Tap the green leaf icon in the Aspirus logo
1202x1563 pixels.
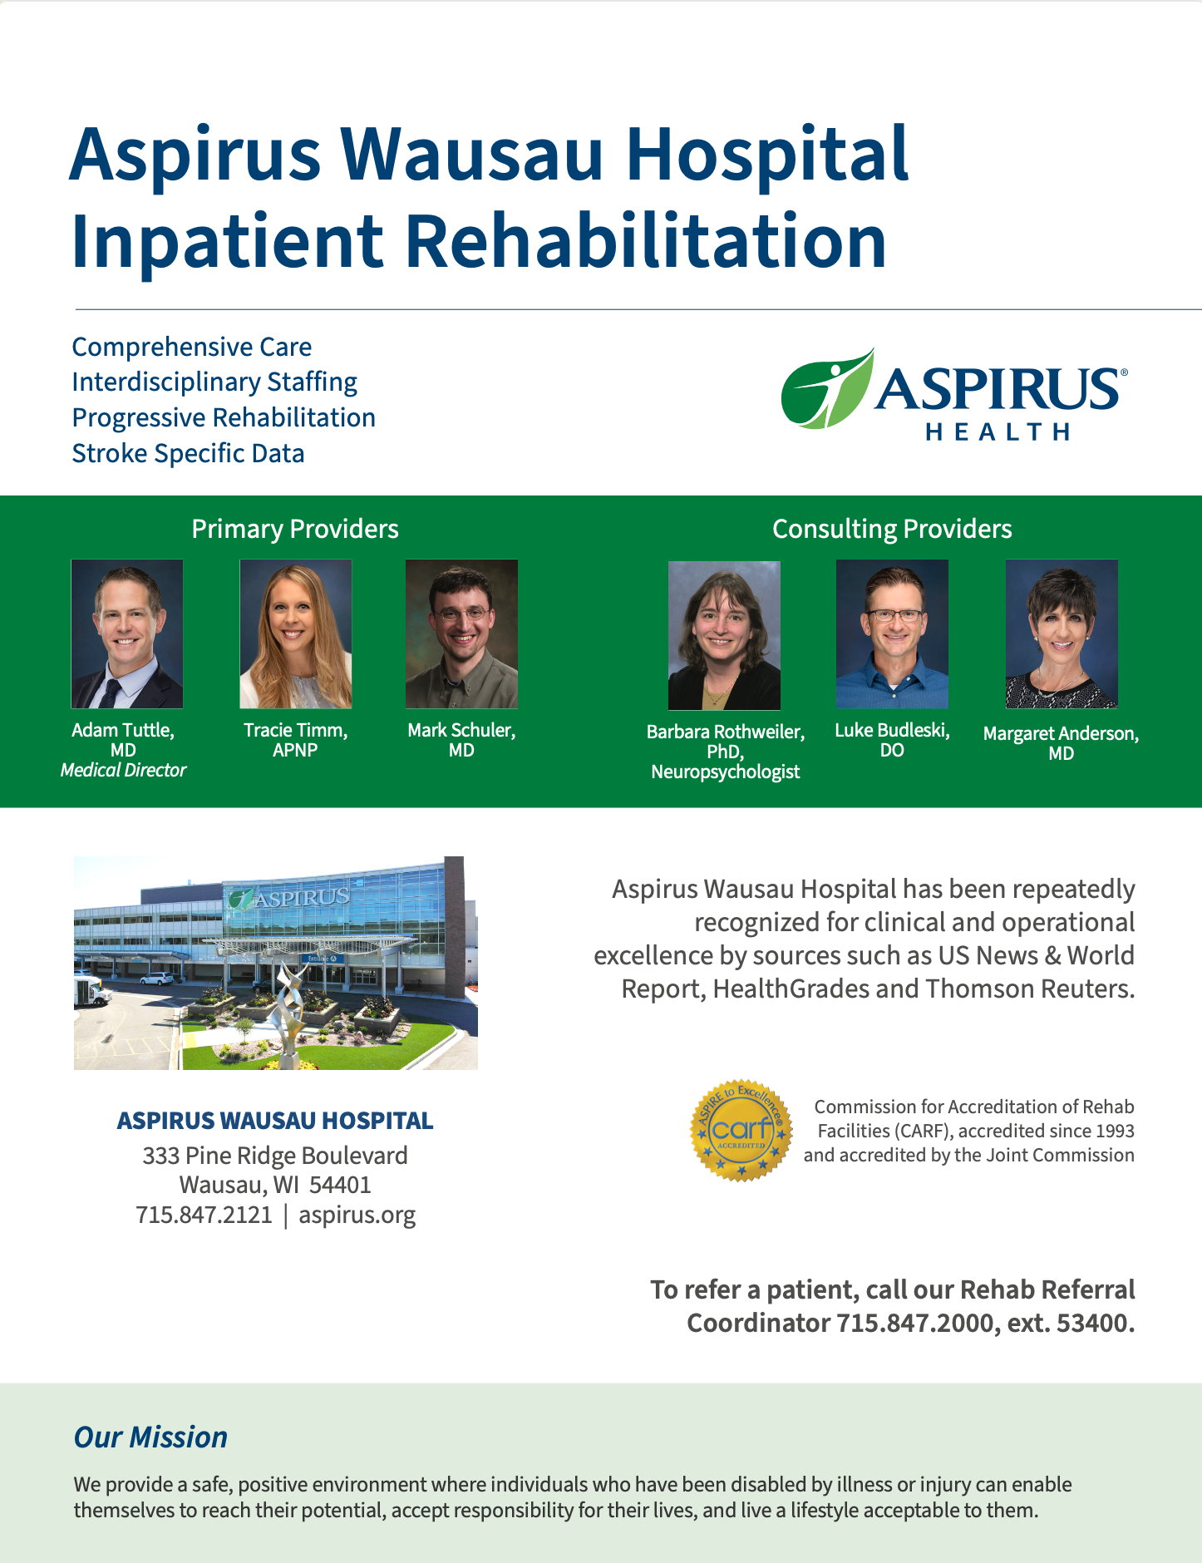[827, 389]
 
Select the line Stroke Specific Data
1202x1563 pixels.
[188, 454]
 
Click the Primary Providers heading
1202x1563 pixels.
[295, 529]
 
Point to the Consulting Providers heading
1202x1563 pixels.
[892, 529]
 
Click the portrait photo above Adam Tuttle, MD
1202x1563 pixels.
[127, 634]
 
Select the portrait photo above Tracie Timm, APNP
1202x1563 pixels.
[296, 634]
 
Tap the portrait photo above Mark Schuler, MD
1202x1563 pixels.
[461, 634]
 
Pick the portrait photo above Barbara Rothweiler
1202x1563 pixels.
[724, 635]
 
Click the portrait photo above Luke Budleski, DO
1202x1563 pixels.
[892, 634]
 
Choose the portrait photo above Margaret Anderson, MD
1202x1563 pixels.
[1062, 634]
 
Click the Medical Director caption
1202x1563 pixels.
[123, 771]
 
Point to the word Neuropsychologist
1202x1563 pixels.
[726, 772]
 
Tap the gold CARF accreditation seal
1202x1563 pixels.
[741, 1131]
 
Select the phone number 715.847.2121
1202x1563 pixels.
[204, 1215]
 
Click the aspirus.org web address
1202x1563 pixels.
[357, 1215]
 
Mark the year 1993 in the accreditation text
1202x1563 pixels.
[1114, 1131]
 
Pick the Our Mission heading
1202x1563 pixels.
[150, 1437]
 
